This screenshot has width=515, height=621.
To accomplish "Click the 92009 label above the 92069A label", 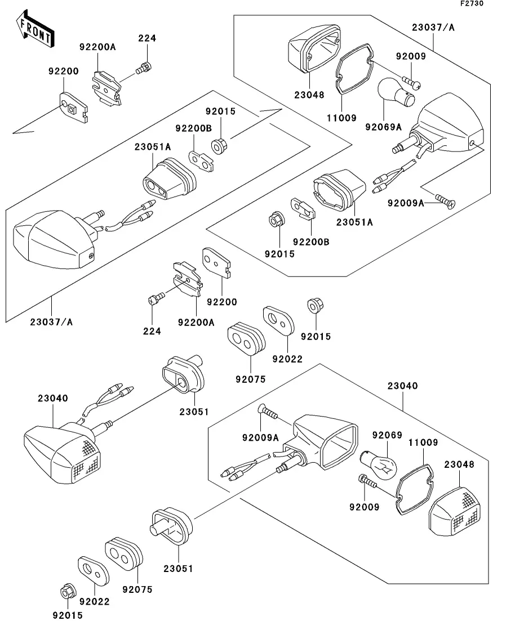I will tap(411, 56).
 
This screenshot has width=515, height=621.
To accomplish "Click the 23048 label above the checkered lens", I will tap(459, 465).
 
